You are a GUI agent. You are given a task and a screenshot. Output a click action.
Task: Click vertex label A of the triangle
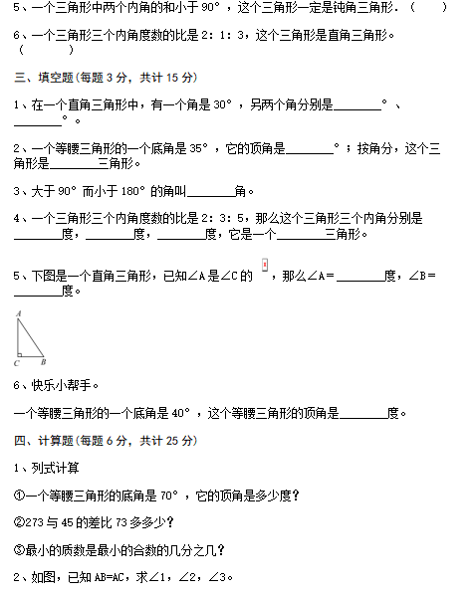[x=18, y=313]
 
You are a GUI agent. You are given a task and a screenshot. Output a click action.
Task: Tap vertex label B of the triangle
[x=44, y=362]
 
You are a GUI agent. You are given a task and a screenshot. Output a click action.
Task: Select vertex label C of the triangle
[x=16, y=363]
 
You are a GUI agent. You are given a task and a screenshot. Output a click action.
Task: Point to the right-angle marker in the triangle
[x=20, y=355]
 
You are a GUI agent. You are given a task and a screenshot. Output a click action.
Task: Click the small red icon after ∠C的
[x=265, y=265]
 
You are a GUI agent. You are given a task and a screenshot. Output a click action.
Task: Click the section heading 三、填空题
[x=44, y=78]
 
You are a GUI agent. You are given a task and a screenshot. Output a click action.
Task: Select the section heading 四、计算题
[x=44, y=441]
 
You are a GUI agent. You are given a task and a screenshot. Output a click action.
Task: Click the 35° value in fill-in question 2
[x=198, y=147]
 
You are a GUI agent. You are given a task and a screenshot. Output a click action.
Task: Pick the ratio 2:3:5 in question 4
[x=222, y=218]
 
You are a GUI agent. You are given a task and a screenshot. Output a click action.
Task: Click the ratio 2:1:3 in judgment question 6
[x=222, y=36]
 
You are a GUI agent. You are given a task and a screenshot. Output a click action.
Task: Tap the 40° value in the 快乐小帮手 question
[x=180, y=413]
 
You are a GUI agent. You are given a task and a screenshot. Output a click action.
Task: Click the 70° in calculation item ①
[x=169, y=496]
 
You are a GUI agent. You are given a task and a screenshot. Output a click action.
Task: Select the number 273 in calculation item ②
[x=34, y=522]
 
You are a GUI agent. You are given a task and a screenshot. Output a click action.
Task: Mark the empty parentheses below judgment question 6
[x=46, y=50]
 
